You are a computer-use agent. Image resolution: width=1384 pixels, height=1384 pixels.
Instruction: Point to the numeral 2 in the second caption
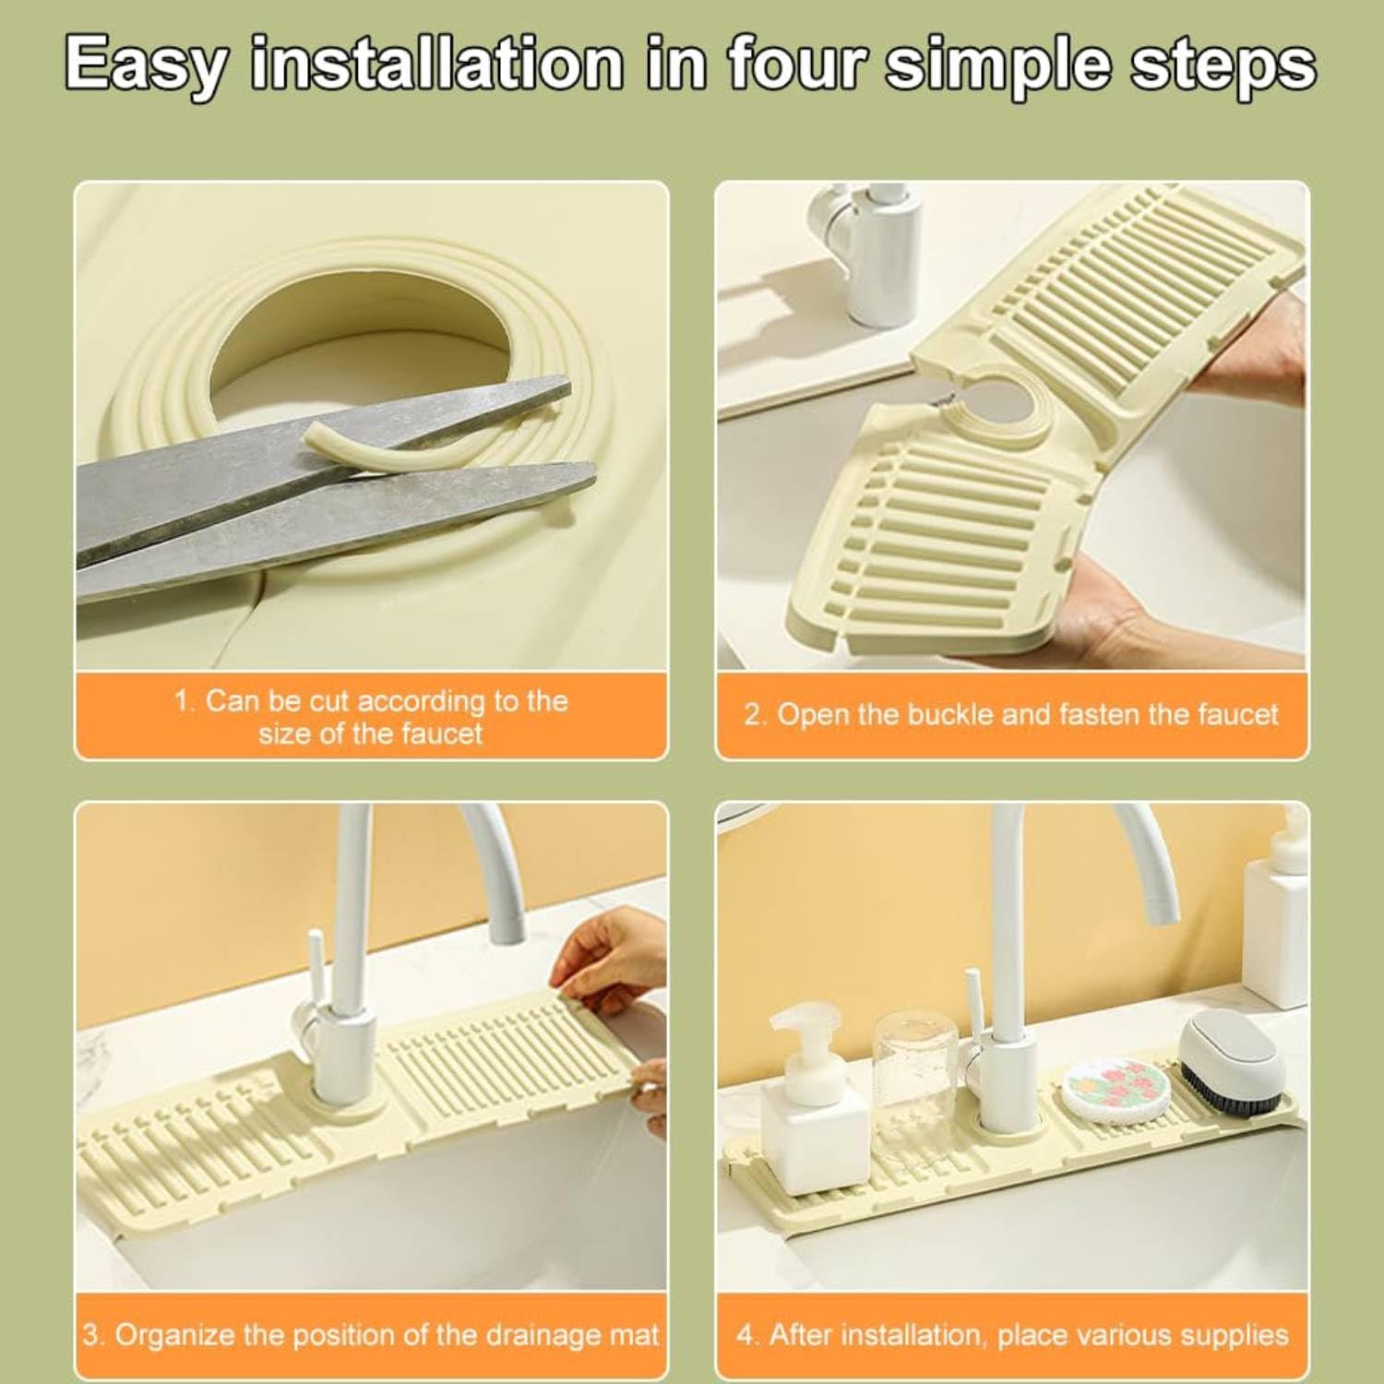751,715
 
